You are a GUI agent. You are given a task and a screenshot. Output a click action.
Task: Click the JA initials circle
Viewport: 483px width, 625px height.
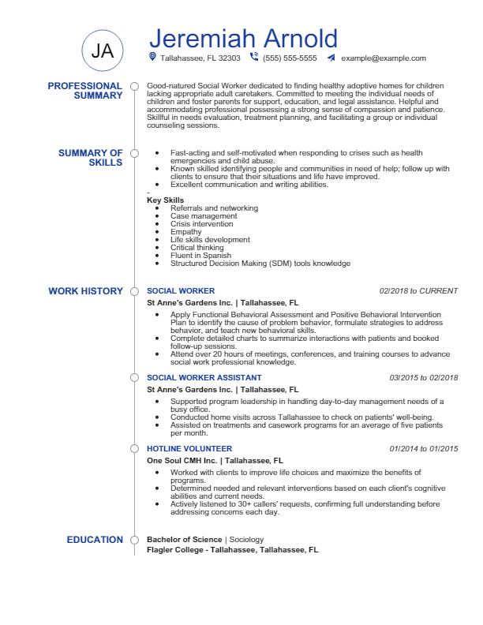point(103,51)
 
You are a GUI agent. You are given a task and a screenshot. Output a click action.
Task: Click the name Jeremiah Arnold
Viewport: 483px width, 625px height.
point(243,38)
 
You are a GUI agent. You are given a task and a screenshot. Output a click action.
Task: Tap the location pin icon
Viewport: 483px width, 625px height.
point(152,57)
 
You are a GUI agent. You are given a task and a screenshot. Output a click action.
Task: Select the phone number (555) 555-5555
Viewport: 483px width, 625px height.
point(290,58)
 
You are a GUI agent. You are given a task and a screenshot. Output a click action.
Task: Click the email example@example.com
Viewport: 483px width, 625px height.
point(384,58)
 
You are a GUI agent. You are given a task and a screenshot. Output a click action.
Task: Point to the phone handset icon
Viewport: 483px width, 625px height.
point(254,57)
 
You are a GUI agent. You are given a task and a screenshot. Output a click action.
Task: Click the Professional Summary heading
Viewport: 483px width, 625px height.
point(84,91)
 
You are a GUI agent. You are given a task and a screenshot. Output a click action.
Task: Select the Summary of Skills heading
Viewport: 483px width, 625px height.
point(90,158)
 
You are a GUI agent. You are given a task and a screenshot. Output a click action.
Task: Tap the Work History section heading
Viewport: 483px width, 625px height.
point(85,291)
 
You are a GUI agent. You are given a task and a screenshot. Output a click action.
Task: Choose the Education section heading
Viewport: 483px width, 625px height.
point(95,540)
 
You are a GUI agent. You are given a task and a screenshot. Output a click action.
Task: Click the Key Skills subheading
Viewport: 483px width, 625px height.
point(165,200)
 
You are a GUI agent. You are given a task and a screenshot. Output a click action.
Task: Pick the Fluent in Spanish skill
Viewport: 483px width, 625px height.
point(200,256)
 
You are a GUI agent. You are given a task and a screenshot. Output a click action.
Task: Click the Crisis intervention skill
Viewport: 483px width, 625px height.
point(201,224)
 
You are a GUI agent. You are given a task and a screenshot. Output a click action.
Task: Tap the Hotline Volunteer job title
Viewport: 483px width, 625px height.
point(189,449)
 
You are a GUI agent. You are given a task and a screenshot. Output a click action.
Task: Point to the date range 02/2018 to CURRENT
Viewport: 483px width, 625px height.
point(418,291)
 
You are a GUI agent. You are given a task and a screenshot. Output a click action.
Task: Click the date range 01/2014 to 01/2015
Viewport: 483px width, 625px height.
point(423,449)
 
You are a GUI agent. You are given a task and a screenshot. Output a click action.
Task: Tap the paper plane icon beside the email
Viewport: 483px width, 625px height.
point(331,58)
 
